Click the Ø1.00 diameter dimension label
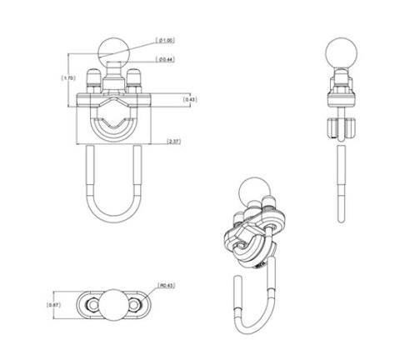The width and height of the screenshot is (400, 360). point(166,40)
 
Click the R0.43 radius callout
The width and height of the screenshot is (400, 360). point(166,287)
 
